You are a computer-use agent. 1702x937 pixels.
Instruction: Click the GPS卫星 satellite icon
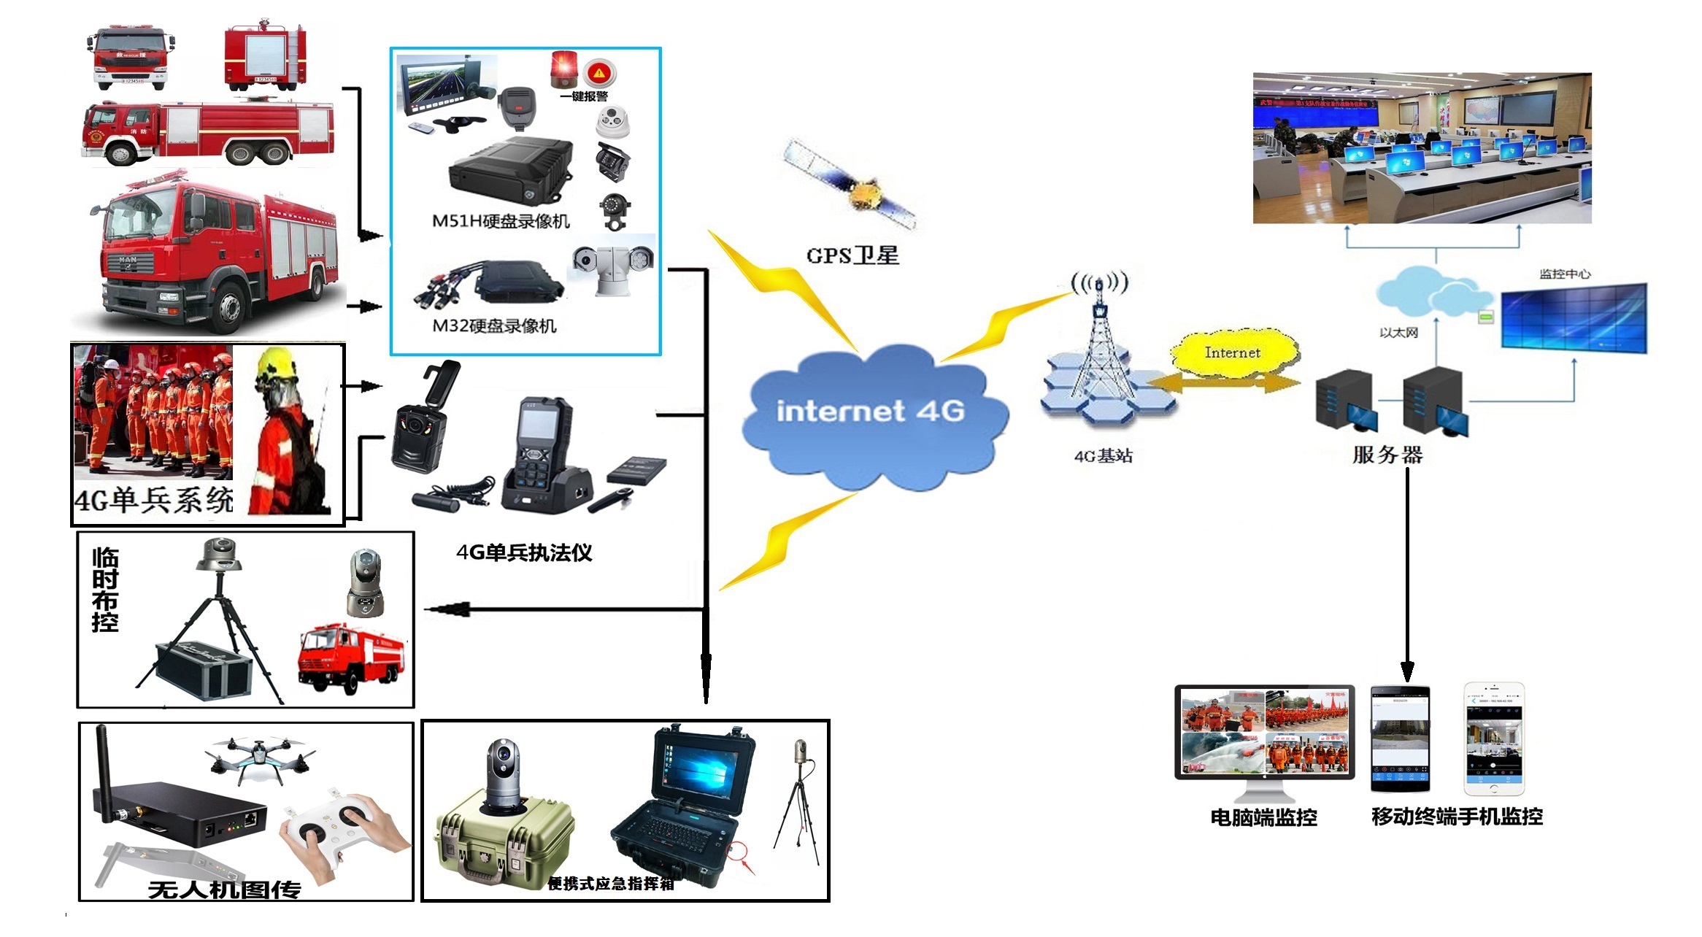click(851, 185)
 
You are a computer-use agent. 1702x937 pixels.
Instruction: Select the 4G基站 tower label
click(1103, 456)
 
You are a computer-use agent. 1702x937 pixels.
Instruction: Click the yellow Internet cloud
click(1233, 353)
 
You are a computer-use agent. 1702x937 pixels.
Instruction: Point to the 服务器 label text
click(1387, 455)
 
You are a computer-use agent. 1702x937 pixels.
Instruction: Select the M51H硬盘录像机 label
click(501, 221)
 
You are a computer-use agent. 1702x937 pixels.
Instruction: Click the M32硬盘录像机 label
click(494, 326)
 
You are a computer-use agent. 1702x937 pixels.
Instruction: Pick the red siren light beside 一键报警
click(563, 69)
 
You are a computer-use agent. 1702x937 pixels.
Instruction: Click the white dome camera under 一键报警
click(613, 121)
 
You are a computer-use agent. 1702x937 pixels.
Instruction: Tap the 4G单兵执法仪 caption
click(524, 552)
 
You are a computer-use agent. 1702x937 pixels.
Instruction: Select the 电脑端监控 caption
click(1263, 817)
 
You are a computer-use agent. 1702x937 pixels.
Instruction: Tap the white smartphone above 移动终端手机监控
click(1494, 739)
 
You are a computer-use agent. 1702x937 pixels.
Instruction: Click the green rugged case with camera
click(503, 832)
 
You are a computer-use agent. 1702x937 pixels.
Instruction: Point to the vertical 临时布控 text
click(105, 589)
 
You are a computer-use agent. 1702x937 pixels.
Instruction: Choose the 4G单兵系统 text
click(154, 500)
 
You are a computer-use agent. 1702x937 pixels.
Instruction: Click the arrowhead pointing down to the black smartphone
click(1407, 670)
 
